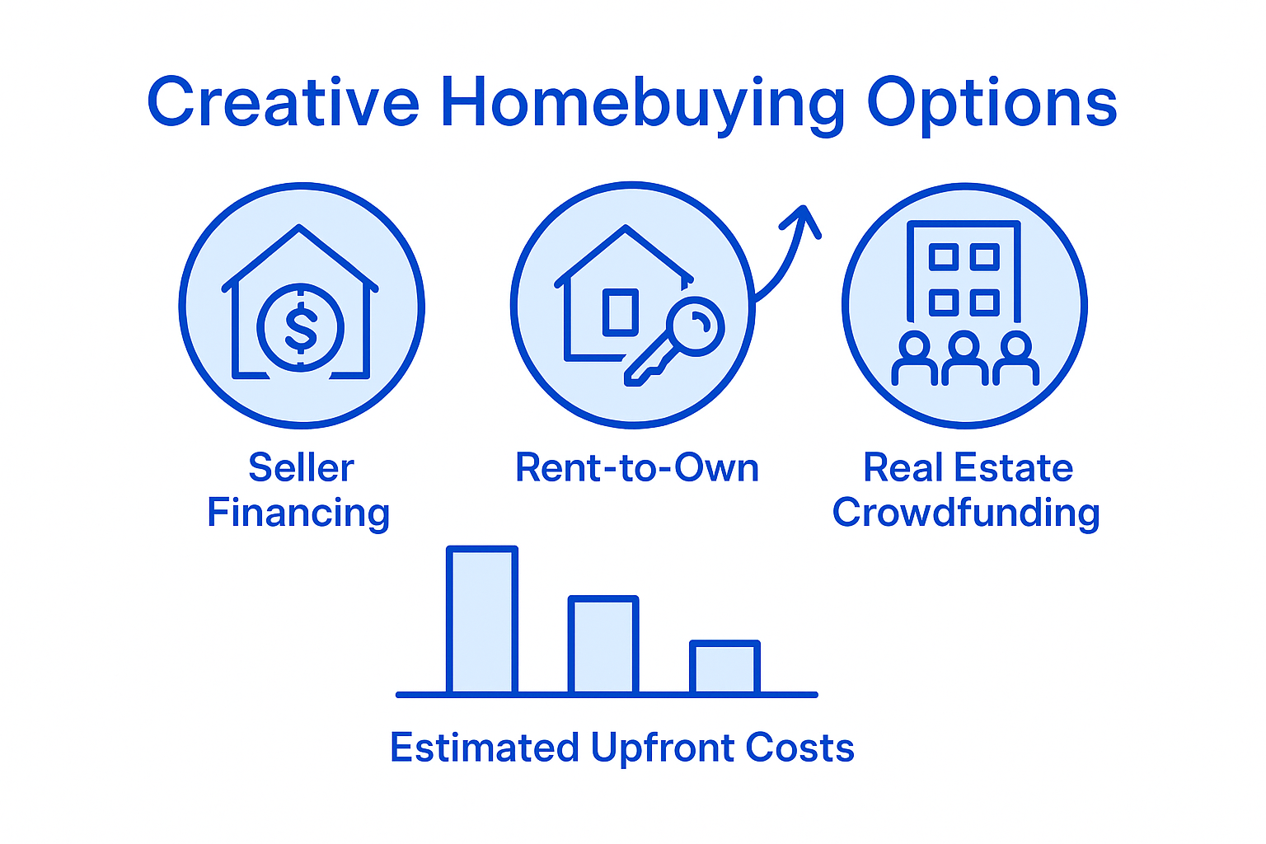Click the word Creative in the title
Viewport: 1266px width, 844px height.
(283, 103)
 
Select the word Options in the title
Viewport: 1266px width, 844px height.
(992, 103)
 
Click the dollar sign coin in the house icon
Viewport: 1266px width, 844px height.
(301, 327)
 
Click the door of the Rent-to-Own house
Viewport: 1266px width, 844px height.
(620, 312)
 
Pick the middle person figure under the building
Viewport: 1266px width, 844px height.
(965, 359)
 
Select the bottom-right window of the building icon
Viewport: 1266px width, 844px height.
(985, 302)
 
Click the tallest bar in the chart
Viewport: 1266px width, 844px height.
(482, 620)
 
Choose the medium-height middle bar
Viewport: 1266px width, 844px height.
(603, 645)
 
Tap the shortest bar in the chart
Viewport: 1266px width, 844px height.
(724, 667)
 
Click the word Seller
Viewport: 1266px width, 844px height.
(301, 468)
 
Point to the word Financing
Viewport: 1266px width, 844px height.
(298, 513)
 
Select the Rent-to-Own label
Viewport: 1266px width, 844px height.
(636, 468)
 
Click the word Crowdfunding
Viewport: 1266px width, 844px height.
(965, 513)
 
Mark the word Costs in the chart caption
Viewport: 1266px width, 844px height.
(799, 748)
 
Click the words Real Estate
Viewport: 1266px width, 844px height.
(968, 468)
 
